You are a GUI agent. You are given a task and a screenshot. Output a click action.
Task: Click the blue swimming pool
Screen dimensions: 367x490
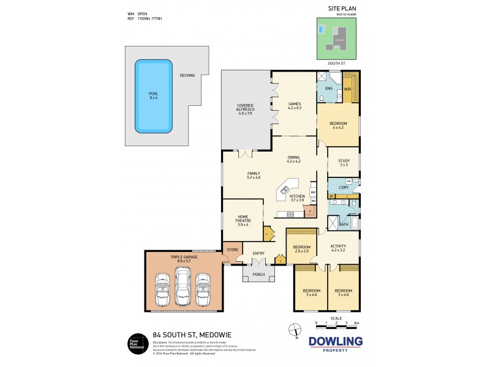click(153, 96)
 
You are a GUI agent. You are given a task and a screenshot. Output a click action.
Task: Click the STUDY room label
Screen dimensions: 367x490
click(343, 161)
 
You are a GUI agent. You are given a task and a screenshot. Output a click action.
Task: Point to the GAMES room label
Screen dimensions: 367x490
click(295, 104)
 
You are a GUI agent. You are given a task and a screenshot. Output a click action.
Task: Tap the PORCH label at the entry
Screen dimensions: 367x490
click(258, 274)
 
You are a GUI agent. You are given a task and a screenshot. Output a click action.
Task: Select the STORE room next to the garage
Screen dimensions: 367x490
click(232, 250)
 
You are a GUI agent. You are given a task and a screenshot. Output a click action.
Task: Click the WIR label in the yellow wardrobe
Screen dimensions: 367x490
click(347, 89)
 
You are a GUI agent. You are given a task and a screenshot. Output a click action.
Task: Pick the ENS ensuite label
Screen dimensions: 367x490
click(328, 89)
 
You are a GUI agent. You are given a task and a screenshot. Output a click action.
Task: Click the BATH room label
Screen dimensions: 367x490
click(344, 224)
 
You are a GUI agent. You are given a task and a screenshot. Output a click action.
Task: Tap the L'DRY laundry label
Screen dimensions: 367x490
click(343, 188)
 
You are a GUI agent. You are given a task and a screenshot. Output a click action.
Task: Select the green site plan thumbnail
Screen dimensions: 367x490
click(336, 39)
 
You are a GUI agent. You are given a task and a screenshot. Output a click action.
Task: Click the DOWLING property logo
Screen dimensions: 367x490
click(335, 344)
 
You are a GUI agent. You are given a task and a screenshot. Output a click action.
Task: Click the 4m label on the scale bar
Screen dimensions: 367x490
click(356, 322)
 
